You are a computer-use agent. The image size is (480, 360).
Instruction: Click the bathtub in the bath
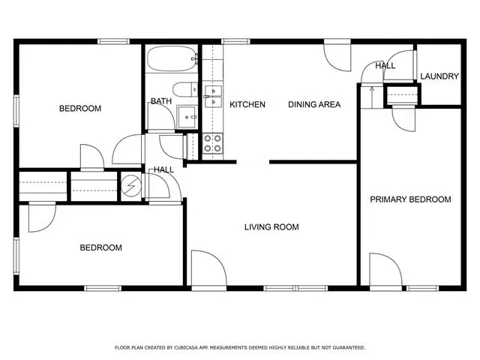pyautogui.click(x=172, y=58)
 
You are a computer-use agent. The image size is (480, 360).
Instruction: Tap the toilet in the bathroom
pyautogui.click(x=185, y=89)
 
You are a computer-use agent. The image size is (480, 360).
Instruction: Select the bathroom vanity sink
pyautogui.click(x=187, y=117)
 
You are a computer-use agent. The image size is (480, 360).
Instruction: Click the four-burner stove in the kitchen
pyautogui.click(x=212, y=143)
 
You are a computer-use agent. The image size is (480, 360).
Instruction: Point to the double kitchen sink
pyautogui.click(x=213, y=97)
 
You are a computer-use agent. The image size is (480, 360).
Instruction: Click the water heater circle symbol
pyautogui.click(x=131, y=185)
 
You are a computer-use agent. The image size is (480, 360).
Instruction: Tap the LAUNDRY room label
pyautogui.click(x=439, y=76)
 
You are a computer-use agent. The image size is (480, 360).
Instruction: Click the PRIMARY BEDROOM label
pyautogui.click(x=410, y=199)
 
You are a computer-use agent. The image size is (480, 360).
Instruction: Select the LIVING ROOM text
pyautogui.click(x=271, y=226)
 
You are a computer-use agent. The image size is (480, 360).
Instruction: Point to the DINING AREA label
pyautogui.click(x=314, y=104)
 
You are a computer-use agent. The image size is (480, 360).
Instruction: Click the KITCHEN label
pyautogui.click(x=247, y=104)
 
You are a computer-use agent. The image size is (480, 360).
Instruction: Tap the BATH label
pyautogui.click(x=161, y=101)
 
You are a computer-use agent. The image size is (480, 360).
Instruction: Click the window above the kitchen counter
pyautogui.click(x=235, y=41)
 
